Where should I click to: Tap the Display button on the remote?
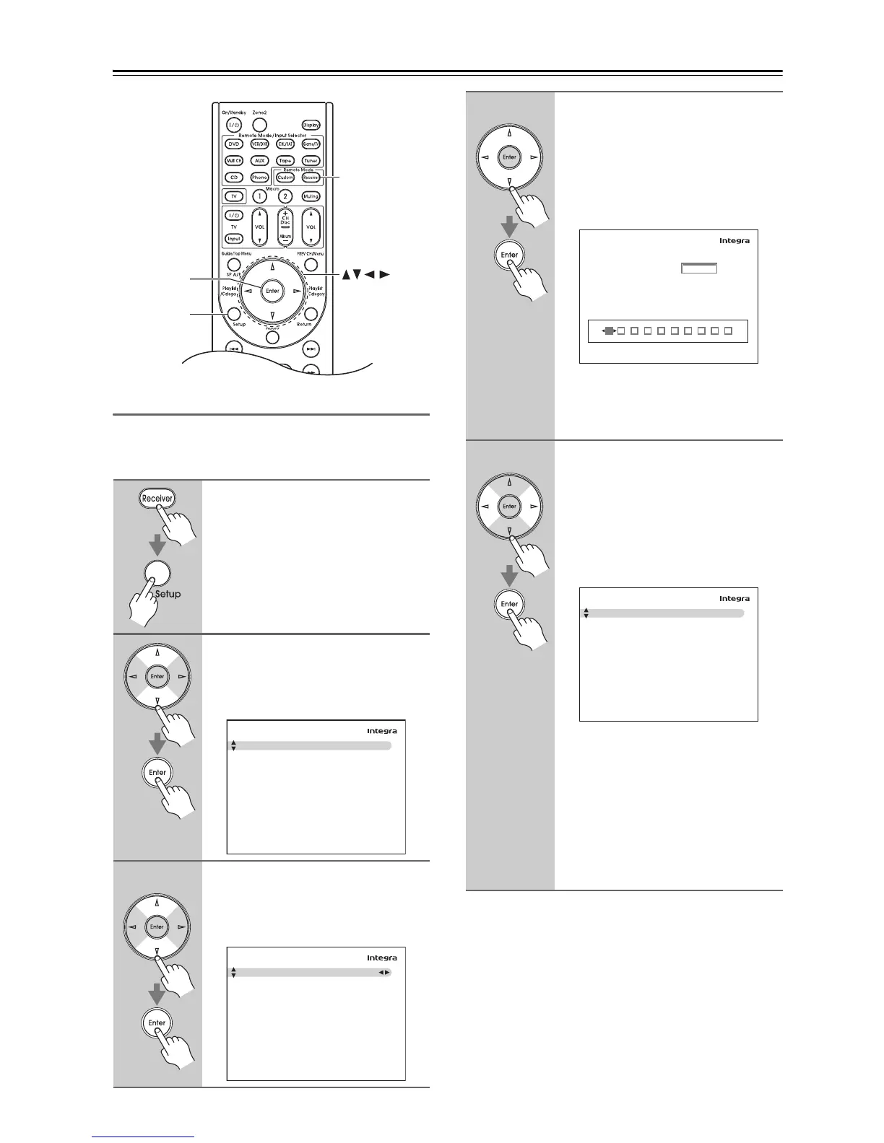(311, 125)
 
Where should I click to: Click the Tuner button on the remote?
(311, 161)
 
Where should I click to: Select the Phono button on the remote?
(259, 178)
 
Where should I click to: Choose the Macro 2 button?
(285, 196)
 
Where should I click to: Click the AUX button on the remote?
(259, 161)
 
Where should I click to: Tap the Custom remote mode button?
(286, 178)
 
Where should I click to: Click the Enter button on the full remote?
(272, 291)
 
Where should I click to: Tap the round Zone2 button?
(259, 125)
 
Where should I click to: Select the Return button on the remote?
(311, 314)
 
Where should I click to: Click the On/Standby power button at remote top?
(233, 125)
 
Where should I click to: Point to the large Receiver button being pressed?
(157, 498)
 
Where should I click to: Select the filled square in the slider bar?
(609, 330)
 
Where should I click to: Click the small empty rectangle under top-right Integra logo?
(698, 268)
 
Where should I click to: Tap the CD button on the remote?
(233, 178)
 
